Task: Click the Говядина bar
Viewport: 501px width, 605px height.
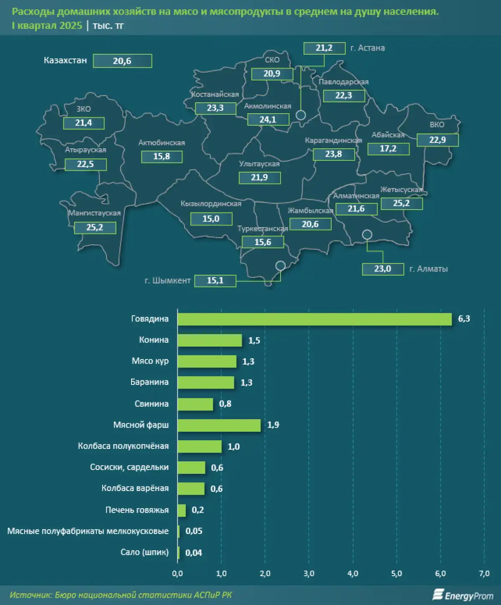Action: pos(314,319)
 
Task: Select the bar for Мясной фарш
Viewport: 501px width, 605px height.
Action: pos(219,425)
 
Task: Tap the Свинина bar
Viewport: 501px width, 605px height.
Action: pos(195,404)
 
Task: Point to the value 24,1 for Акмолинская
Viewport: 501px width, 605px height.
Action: pos(268,119)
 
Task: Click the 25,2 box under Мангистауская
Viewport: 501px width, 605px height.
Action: pos(95,228)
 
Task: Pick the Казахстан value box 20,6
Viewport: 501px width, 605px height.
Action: pos(122,61)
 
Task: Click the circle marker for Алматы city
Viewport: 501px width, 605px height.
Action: pos(367,235)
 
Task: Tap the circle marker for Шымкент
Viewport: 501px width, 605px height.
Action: pos(281,266)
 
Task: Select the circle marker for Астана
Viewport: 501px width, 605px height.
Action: pos(301,115)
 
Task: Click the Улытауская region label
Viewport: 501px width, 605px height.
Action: pos(259,164)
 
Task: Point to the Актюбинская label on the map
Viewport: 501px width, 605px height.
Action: pos(162,143)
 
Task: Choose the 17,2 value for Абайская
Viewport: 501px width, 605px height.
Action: pos(388,149)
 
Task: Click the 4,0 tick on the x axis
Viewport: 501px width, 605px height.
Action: pos(353,574)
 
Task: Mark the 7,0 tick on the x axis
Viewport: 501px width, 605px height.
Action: pos(484,574)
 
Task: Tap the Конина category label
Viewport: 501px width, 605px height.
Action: pos(154,340)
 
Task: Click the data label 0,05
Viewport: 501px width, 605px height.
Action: pos(194,531)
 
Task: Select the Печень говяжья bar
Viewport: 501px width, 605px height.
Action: pos(182,510)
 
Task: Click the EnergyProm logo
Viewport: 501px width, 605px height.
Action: pos(463,595)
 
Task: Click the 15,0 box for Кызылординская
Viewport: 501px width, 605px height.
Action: pos(211,219)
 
